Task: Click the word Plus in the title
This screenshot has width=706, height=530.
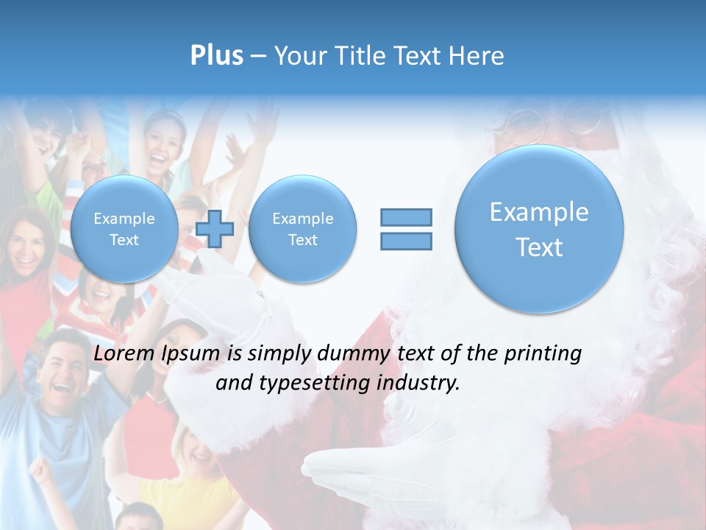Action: (216, 56)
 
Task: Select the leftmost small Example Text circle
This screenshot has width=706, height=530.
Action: (124, 229)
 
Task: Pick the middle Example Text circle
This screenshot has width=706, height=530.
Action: (302, 229)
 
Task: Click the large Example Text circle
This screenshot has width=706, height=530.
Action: (539, 229)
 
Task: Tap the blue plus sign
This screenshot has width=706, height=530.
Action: (215, 229)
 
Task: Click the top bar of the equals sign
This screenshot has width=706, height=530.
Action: (406, 217)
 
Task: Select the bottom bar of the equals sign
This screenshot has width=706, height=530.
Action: (406, 241)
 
